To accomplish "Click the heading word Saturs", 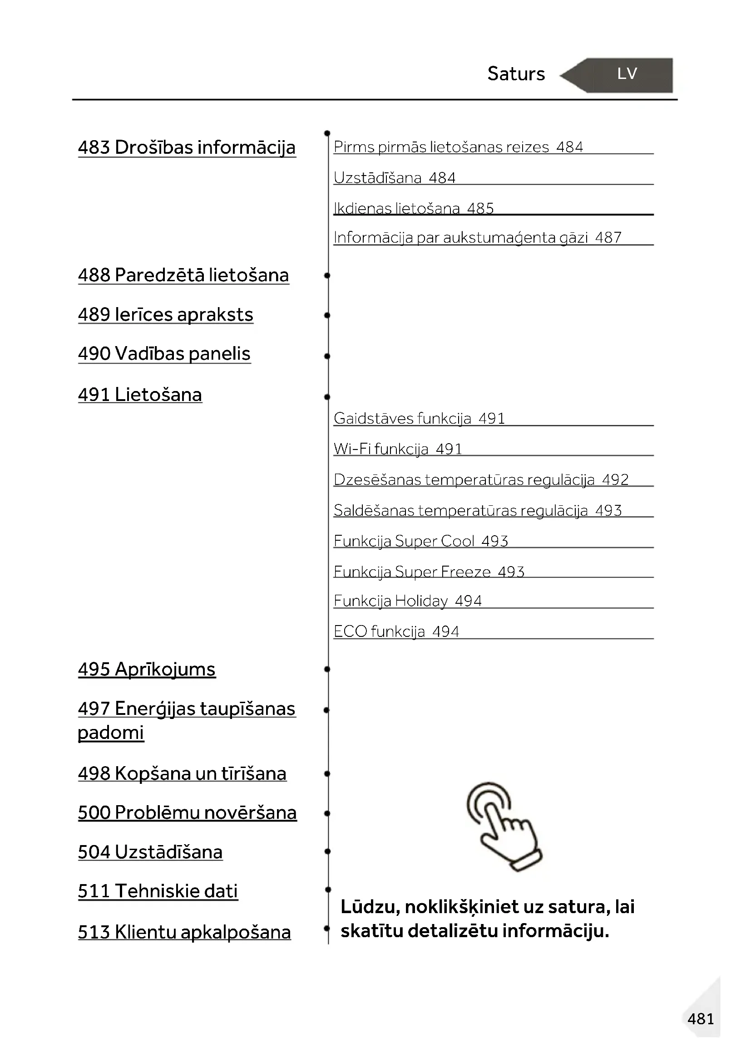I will click(516, 74).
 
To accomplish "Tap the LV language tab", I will click(627, 74).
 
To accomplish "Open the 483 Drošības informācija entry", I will click(186, 147).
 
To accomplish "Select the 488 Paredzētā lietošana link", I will click(183, 275).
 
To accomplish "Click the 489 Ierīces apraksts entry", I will click(166, 315).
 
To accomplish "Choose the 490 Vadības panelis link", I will click(164, 354).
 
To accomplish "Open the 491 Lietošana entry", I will click(140, 395).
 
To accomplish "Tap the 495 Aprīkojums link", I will click(147, 669).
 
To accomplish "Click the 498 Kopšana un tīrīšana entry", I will click(182, 773).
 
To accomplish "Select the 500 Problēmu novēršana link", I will click(187, 813).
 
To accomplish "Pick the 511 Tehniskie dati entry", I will click(158, 891).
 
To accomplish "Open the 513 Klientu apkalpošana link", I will click(184, 932).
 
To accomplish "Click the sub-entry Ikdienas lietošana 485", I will click(414, 208).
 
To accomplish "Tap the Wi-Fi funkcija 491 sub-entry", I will click(398, 449).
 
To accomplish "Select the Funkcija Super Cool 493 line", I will click(421, 541).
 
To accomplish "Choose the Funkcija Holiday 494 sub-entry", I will click(407, 601).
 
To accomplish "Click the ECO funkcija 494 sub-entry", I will click(396, 631).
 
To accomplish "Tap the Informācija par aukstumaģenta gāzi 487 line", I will click(477, 238).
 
